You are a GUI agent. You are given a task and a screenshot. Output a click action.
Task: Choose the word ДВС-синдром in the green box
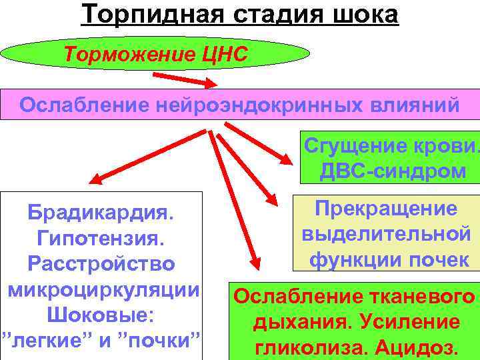(393, 171)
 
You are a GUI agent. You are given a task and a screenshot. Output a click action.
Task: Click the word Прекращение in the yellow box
(386, 209)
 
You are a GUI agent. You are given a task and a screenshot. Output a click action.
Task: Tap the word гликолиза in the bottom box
(309, 347)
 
